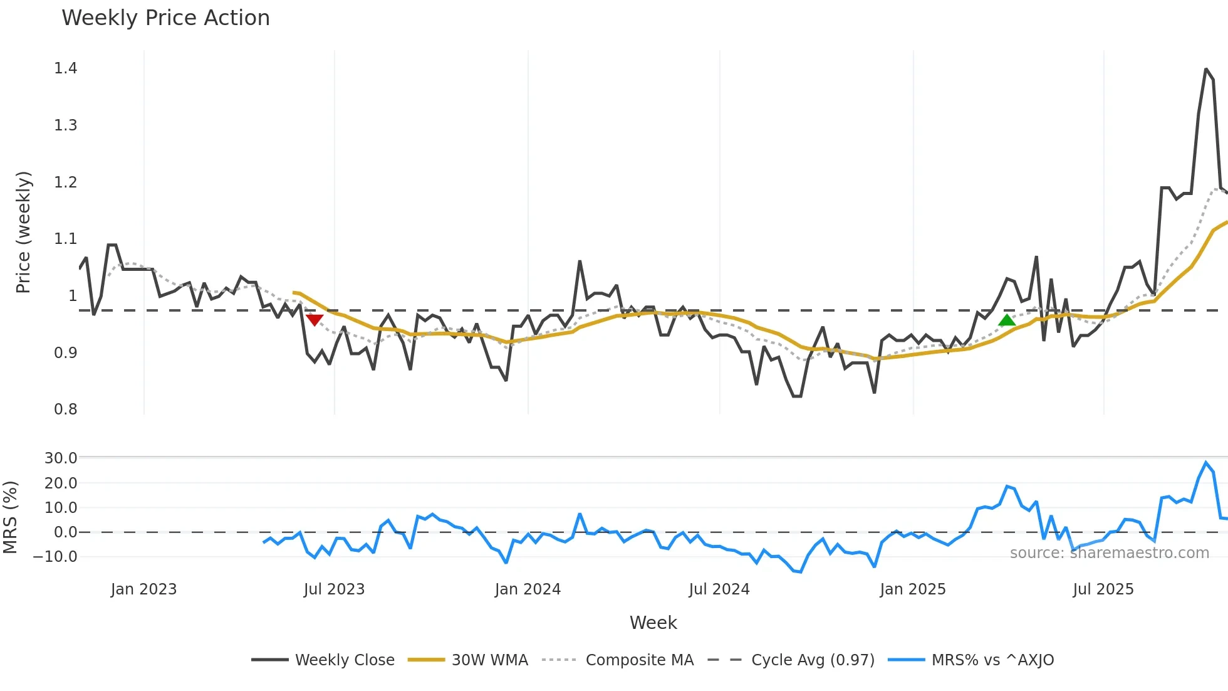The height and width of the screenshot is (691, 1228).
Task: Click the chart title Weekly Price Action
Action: pyautogui.click(x=165, y=18)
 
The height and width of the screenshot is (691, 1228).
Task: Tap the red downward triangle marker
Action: pyautogui.click(x=315, y=320)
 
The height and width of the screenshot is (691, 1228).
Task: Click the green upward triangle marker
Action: pyautogui.click(x=1006, y=320)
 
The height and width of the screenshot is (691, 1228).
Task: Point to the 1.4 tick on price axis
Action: pyautogui.click(x=65, y=68)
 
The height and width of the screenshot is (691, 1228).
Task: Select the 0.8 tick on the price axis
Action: pyautogui.click(x=65, y=409)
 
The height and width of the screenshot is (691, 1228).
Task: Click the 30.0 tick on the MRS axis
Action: pyautogui.click(x=60, y=458)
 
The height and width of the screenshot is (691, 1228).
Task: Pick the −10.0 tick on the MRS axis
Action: pyautogui.click(x=55, y=557)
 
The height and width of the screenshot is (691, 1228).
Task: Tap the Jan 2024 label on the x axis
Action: pyautogui.click(x=528, y=589)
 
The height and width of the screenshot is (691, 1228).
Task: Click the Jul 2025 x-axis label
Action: pyautogui.click(x=1103, y=589)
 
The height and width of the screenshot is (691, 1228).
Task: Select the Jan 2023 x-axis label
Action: pyautogui.click(x=143, y=589)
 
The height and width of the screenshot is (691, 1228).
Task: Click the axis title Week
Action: pyautogui.click(x=653, y=623)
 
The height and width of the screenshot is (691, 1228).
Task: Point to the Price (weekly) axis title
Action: pyautogui.click(x=23, y=232)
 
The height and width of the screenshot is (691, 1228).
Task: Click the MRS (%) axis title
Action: pyautogui.click(x=10, y=517)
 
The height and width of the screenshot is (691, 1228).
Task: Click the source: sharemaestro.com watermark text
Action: pyautogui.click(x=1109, y=553)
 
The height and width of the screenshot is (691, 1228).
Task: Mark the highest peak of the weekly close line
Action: pyautogui.click(x=1205, y=69)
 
